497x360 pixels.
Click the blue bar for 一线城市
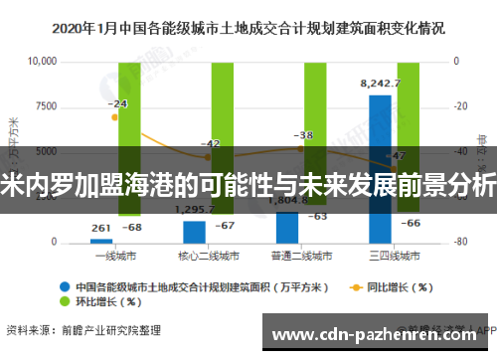click(x=101, y=240)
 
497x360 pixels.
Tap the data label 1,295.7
click(x=195, y=210)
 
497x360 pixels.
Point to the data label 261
click(x=101, y=228)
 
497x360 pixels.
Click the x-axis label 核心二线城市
click(x=195, y=256)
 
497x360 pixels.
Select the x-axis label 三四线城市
click(x=380, y=256)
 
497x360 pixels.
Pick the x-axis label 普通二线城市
click(x=287, y=256)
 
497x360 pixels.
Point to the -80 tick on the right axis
click(x=461, y=243)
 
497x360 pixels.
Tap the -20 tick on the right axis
click(x=461, y=106)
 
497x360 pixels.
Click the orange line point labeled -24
click(x=114, y=117)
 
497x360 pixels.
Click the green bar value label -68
click(x=131, y=228)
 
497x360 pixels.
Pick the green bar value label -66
click(x=411, y=223)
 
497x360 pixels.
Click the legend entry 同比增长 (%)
click(x=394, y=287)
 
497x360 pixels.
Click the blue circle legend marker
click(x=65, y=287)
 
